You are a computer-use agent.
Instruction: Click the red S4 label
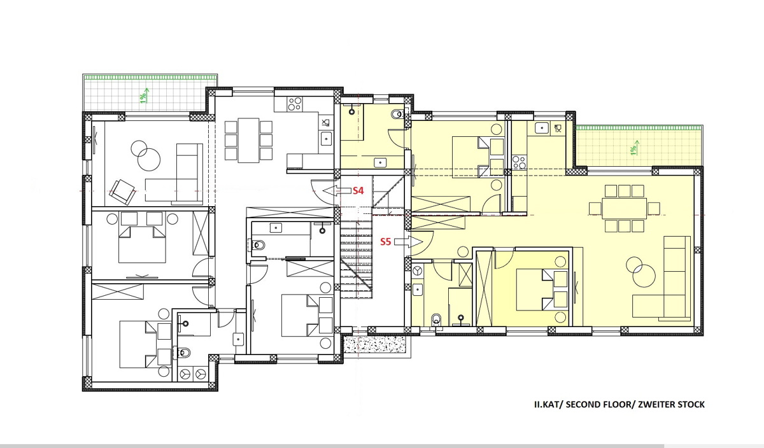pyautogui.click(x=358, y=191)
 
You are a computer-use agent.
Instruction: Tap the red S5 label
pyautogui.click(x=385, y=242)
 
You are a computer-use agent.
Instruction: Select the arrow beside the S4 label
pyautogui.click(x=336, y=191)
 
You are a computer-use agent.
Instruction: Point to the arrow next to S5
pyautogui.click(x=409, y=242)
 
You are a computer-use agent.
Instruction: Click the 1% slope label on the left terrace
pyautogui.click(x=144, y=96)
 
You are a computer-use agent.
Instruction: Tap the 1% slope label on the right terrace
pyautogui.click(x=634, y=148)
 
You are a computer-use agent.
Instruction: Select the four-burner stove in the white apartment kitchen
pyautogui.click(x=295, y=104)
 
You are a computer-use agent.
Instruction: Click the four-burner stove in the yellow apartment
pyautogui.click(x=519, y=162)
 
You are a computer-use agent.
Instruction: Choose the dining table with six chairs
pyautogui.click(x=249, y=140)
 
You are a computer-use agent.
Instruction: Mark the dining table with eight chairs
pyautogui.click(x=624, y=208)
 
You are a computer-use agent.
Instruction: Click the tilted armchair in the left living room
pyautogui.click(x=122, y=192)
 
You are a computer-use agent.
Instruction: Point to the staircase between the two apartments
pyautogui.click(x=356, y=259)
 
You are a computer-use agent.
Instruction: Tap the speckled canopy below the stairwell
pyautogui.click(x=375, y=344)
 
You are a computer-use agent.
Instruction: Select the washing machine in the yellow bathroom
pyautogui.click(x=417, y=271)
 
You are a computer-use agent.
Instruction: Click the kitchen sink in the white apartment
pyautogui.click(x=327, y=139)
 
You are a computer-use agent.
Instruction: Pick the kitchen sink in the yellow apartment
pyautogui.click(x=542, y=128)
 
